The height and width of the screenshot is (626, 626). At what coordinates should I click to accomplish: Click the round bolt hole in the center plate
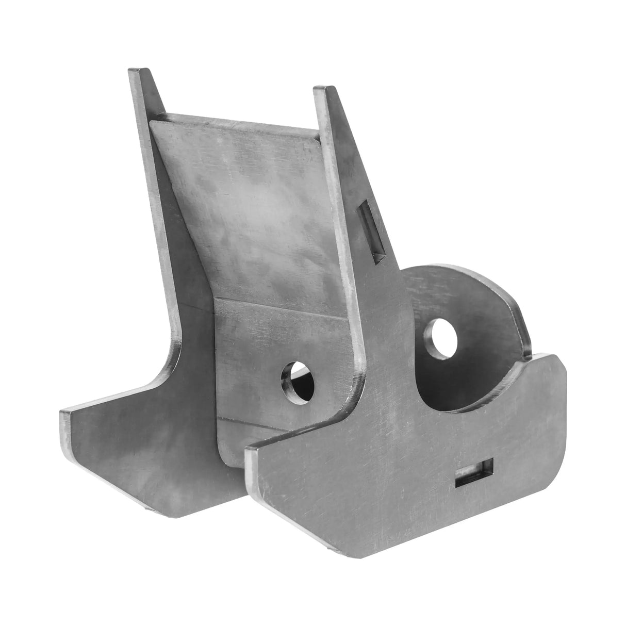pyautogui.click(x=298, y=382)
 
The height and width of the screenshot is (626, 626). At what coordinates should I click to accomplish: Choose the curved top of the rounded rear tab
pyautogui.click(x=464, y=273)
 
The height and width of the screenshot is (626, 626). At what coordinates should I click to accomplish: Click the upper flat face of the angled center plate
pyautogui.click(x=248, y=206)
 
